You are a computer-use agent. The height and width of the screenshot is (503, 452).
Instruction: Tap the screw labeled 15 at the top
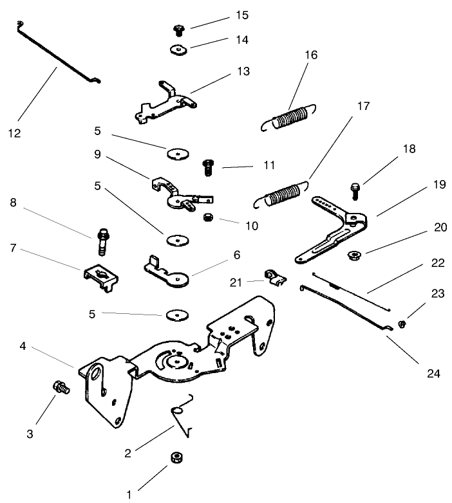(x=180, y=29)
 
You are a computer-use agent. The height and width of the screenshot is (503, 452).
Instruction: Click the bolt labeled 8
(x=102, y=242)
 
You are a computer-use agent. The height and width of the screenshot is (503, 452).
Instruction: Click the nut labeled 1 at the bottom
(x=175, y=457)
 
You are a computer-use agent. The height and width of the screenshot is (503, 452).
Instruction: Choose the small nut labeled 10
(x=208, y=218)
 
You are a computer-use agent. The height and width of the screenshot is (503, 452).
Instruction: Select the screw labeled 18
(x=353, y=189)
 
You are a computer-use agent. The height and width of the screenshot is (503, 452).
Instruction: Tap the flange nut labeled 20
(x=353, y=255)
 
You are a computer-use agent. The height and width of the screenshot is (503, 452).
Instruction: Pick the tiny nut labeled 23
(x=402, y=324)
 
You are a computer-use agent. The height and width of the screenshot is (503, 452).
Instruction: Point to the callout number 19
(x=439, y=185)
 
